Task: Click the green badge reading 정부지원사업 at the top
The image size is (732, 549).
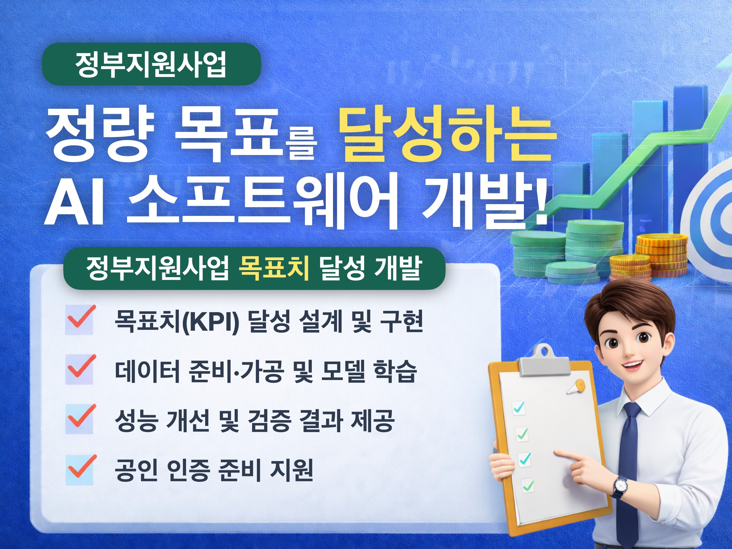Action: tap(151, 64)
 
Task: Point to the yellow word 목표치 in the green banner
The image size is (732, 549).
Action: tap(273, 268)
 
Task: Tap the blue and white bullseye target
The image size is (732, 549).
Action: tap(711, 212)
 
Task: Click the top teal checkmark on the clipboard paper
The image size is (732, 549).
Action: tap(519, 407)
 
